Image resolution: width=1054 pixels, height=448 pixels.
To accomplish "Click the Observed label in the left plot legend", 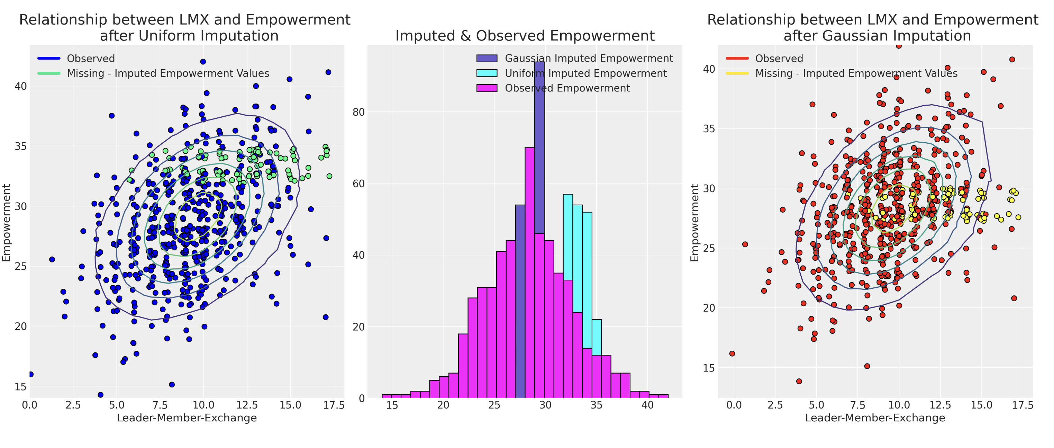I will tap(91, 59).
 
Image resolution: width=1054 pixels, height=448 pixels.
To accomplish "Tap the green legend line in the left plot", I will tap(49, 73).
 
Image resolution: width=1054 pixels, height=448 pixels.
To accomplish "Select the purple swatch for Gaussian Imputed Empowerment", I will tap(487, 58).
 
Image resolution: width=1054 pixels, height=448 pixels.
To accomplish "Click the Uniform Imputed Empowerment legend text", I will tap(585, 73).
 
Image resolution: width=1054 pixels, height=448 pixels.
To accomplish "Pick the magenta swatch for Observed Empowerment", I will tap(487, 88).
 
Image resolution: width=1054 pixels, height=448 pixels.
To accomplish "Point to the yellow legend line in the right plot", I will tap(737, 73).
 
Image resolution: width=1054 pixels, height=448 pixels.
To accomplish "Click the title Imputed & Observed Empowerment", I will tap(525, 36).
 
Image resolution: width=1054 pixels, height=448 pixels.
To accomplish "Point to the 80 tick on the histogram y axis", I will tap(358, 112).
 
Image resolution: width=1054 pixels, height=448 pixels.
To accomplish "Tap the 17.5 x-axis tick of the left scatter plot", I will tap(334, 405).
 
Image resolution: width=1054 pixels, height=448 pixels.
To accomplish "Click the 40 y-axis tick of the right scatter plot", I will tap(709, 69).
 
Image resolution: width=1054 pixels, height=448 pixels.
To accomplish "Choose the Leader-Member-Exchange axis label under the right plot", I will tap(875, 418).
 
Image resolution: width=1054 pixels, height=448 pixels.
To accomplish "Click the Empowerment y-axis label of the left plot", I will tap(7, 222).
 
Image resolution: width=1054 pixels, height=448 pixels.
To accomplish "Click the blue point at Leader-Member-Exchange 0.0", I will tap(31, 374).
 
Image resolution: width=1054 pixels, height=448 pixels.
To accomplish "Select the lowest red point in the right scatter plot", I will tap(799, 381).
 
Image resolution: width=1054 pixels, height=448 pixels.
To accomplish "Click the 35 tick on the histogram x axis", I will tap(596, 405).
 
